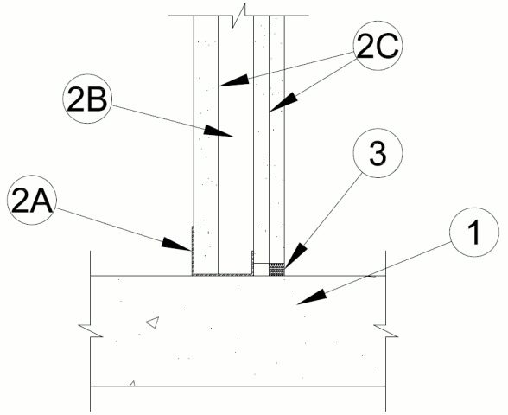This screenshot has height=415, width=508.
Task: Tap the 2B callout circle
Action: (x=86, y=99)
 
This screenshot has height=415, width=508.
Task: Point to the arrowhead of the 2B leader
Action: (x=219, y=131)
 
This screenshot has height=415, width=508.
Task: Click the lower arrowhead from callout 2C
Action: (x=283, y=102)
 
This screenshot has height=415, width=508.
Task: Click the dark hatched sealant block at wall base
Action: (x=276, y=270)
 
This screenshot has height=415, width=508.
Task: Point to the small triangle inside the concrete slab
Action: (x=153, y=322)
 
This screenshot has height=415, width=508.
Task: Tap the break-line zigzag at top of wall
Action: (x=239, y=16)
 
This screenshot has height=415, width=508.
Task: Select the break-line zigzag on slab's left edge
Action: (x=91, y=330)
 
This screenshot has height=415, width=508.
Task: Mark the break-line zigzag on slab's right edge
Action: (x=385, y=330)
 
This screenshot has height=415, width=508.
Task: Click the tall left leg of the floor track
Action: (x=193, y=251)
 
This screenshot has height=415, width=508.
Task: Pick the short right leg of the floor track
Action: (x=252, y=263)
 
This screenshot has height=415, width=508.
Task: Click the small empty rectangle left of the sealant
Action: (x=261, y=270)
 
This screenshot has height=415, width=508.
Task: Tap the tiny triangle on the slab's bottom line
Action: (x=132, y=384)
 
